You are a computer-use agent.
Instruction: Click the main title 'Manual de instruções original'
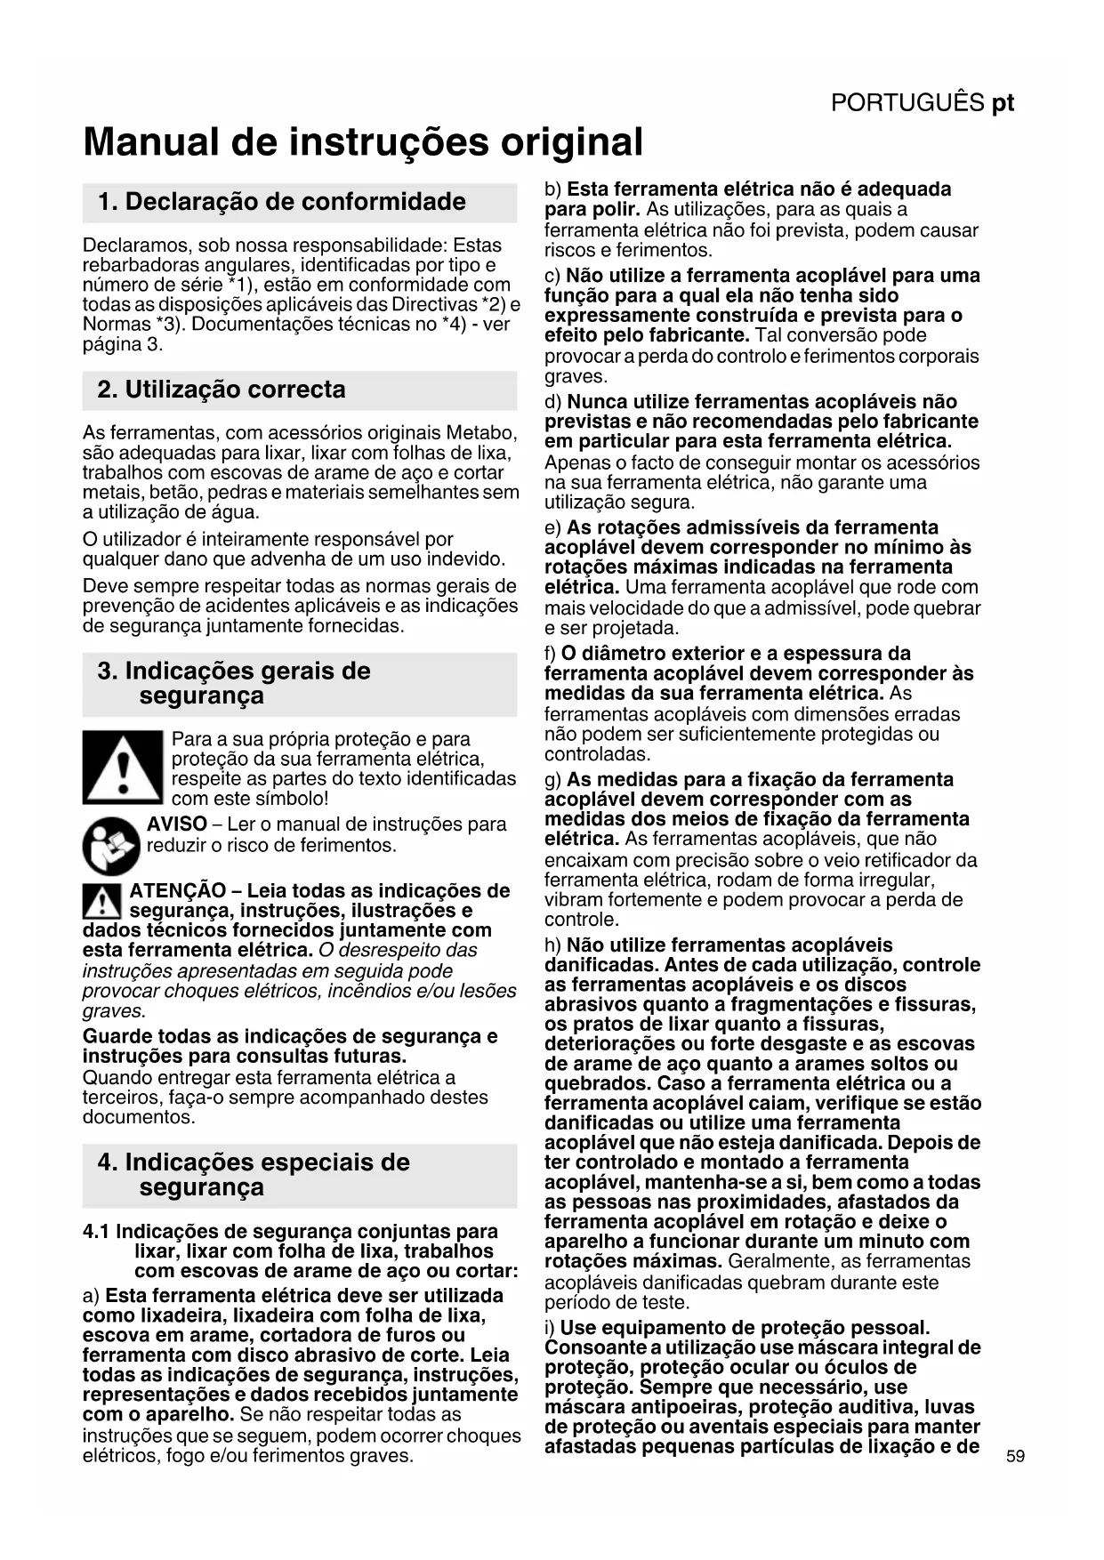point(362,143)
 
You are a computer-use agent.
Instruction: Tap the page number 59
point(1015,1456)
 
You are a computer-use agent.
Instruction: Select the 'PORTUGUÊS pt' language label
point(922,103)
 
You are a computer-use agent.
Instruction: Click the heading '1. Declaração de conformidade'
point(282,202)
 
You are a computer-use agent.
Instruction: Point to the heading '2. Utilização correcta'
point(222,390)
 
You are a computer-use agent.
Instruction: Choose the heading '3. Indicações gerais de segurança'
point(233,683)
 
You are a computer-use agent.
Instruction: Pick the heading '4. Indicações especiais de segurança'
point(254,1175)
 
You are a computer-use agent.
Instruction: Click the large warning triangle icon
point(123,767)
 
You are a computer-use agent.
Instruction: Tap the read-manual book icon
point(111,845)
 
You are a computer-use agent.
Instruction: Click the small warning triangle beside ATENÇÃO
point(102,901)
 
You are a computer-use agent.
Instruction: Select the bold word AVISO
point(177,824)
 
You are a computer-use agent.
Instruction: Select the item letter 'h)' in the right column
point(552,945)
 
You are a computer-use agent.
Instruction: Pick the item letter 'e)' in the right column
point(552,528)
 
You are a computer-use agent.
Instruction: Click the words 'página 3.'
point(123,344)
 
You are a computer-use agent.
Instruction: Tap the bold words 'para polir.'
point(592,210)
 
